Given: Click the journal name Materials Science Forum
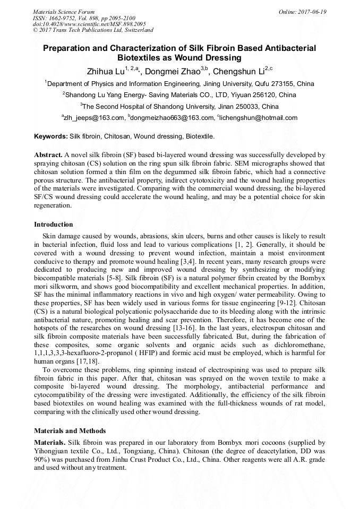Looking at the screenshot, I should click(64, 12).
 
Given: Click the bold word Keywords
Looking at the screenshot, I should click(50, 136).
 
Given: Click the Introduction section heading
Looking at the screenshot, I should click(54, 225).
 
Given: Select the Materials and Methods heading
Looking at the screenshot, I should click(70, 430).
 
